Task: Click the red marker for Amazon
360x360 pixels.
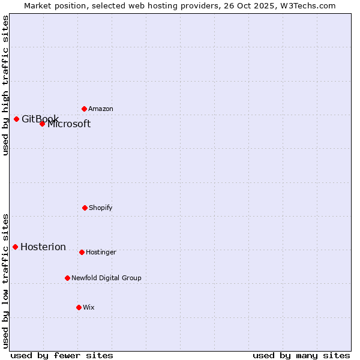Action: click(x=84, y=109)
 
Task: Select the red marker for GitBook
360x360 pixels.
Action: click(x=16, y=119)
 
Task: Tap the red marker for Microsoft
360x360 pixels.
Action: click(x=42, y=124)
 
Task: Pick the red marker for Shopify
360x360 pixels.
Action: click(x=85, y=208)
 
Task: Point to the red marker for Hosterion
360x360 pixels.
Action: click(x=15, y=247)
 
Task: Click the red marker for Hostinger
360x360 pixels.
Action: click(x=82, y=252)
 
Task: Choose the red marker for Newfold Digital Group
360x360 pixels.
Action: click(x=67, y=278)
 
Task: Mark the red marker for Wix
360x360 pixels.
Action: click(x=79, y=307)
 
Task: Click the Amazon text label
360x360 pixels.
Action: click(x=101, y=109)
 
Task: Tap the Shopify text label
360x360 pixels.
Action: click(x=101, y=208)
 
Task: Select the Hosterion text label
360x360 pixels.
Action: click(x=43, y=247)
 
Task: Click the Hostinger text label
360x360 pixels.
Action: click(x=101, y=253)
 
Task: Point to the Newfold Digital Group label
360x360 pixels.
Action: click(x=106, y=278)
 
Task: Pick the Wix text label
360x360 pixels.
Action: click(x=89, y=308)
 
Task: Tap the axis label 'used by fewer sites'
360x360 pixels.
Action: click(x=62, y=355)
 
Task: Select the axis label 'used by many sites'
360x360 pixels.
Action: click(x=301, y=355)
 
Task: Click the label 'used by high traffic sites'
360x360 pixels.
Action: click(x=5, y=85)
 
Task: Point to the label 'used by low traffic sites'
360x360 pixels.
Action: click(x=5, y=281)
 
